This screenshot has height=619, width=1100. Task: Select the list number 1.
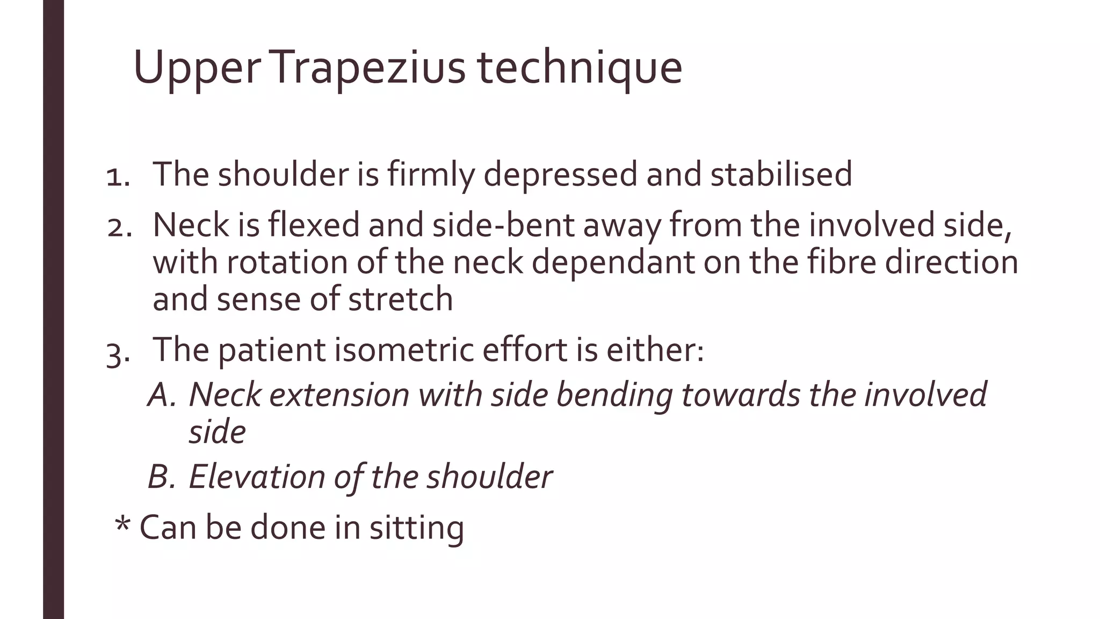pos(118,176)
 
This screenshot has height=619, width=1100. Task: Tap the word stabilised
pos(781,174)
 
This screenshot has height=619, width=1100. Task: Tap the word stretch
pos(400,299)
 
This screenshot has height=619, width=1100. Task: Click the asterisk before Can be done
pos(123,523)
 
